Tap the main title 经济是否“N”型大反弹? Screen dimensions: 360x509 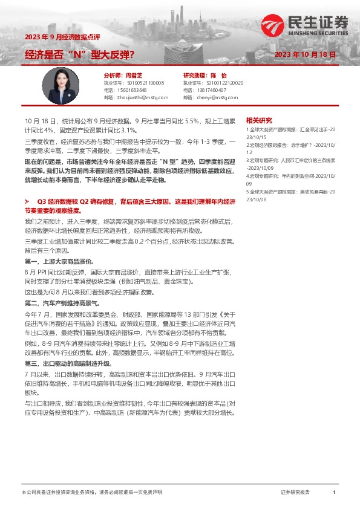(79, 54)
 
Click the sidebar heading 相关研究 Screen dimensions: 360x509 (259, 120)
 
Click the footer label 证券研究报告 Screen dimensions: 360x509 (296, 493)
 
